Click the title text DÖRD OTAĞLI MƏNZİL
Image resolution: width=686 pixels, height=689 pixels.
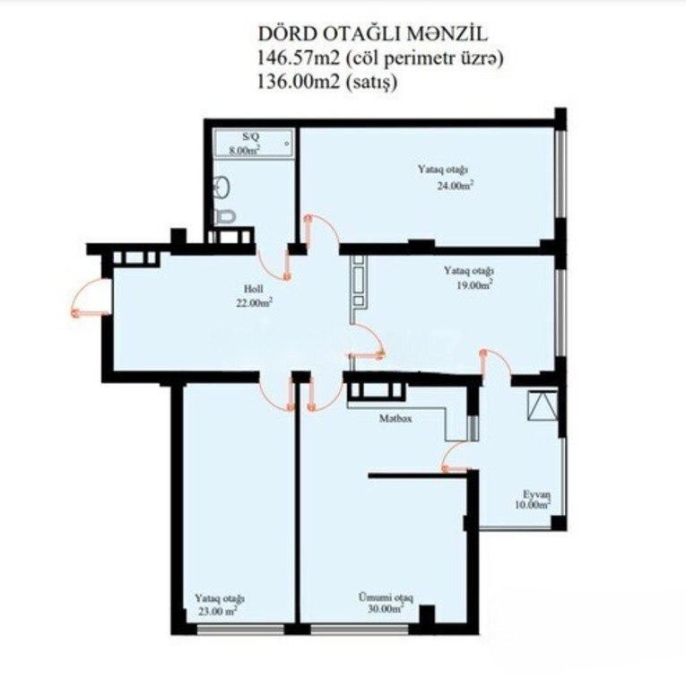372,33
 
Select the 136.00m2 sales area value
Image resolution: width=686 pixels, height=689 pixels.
299,82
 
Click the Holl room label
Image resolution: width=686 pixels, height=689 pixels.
254,289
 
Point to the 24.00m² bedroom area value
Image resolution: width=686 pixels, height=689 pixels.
455,185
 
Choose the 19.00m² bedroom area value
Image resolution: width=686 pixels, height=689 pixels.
474,284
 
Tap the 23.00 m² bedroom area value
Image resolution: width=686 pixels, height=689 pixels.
218,611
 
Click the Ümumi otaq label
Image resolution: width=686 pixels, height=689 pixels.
386,597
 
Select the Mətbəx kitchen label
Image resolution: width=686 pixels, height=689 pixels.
395,418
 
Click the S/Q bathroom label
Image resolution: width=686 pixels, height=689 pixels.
248,136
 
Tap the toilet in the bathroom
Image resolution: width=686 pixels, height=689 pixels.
225,216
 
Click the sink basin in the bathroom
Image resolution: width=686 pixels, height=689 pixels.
221,188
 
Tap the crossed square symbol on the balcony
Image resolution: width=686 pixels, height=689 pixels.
543,406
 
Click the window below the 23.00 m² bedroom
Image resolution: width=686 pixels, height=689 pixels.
240,629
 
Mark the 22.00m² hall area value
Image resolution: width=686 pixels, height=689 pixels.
254,302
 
